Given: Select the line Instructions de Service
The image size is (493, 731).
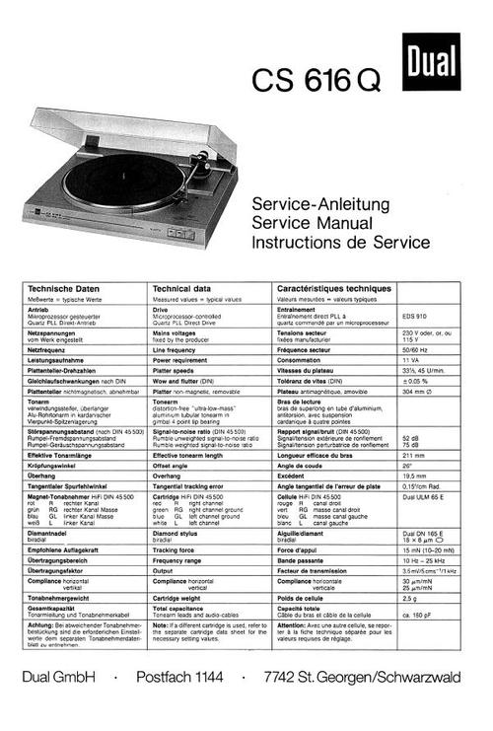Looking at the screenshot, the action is (340, 242).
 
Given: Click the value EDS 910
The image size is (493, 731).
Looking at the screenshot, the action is (416, 315).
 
